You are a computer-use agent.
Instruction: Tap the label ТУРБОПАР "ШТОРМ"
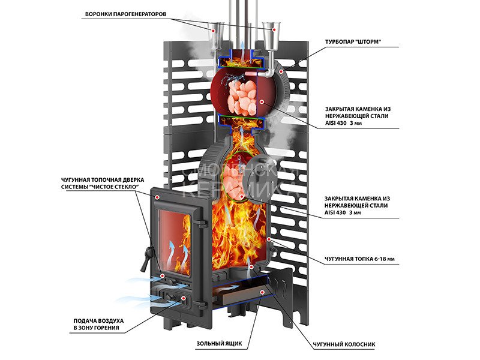click(x=353, y=42)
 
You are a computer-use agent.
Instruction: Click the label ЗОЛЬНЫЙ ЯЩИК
click(x=218, y=344)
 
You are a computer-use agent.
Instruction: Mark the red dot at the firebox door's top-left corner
click(x=157, y=196)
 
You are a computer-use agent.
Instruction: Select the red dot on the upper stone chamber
click(x=262, y=102)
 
